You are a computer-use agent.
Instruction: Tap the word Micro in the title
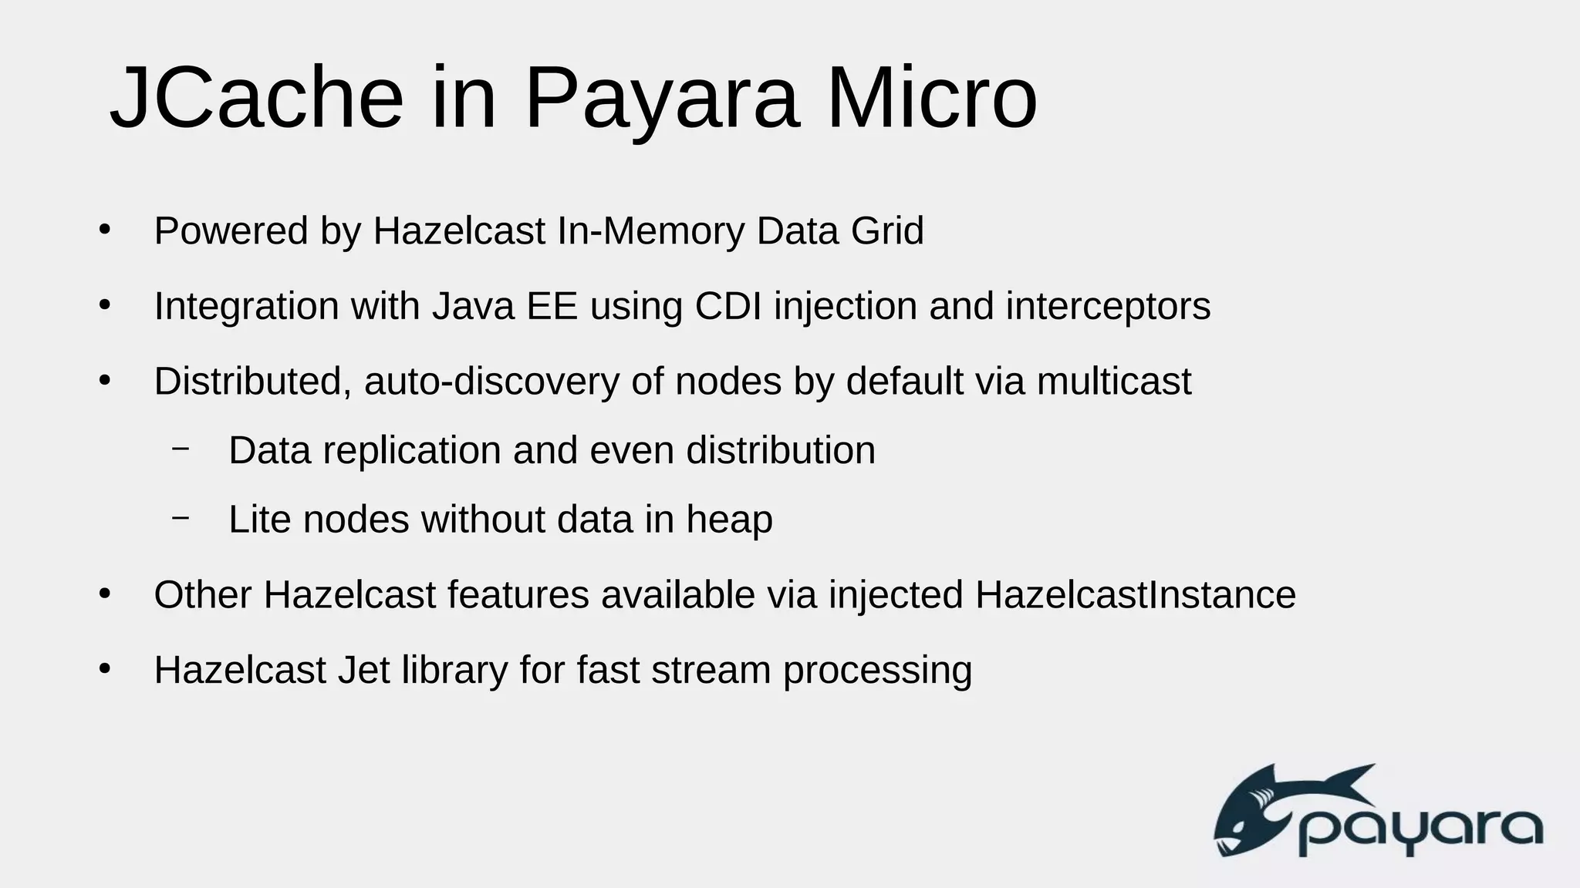(x=931, y=99)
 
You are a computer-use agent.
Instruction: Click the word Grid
(x=886, y=230)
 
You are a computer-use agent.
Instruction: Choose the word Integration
(x=246, y=306)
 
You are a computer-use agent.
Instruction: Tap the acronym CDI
(x=728, y=306)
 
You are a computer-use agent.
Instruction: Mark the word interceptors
(x=1108, y=306)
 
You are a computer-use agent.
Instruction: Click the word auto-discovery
(x=491, y=381)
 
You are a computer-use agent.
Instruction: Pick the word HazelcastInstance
(x=1135, y=595)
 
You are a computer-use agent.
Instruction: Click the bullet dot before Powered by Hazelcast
(x=105, y=230)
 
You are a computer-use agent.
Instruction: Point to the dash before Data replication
(x=181, y=448)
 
